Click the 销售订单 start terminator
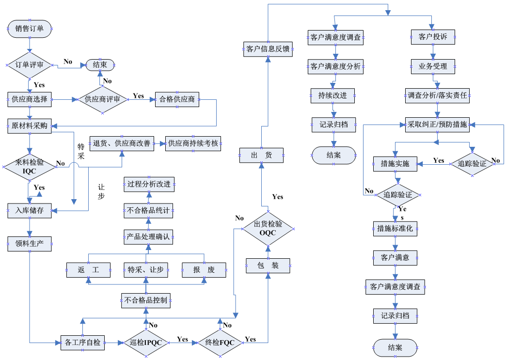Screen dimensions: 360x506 click(30, 29)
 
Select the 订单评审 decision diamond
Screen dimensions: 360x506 click(30, 65)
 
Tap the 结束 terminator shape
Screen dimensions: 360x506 click(100, 64)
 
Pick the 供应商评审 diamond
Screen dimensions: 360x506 click(102, 100)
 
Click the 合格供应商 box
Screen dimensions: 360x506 click(177, 100)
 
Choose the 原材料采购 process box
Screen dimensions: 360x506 click(30, 126)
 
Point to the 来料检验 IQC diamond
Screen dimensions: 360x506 click(30, 167)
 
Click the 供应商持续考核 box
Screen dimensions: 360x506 click(193, 143)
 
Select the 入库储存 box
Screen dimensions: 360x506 click(30, 210)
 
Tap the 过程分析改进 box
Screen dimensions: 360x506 click(149, 184)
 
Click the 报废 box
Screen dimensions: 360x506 click(204, 270)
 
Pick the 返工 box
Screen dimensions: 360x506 click(88, 270)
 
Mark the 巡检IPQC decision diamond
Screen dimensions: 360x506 click(146, 343)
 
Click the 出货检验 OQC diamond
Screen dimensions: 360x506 click(268, 228)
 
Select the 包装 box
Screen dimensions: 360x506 click(268, 266)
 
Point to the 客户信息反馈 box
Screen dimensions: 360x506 click(268, 49)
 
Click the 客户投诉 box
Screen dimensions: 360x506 click(433, 37)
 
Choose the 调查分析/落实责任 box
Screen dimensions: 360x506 click(437, 95)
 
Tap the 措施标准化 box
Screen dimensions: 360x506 click(395, 229)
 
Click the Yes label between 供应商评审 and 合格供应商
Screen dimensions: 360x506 click(138, 96)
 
